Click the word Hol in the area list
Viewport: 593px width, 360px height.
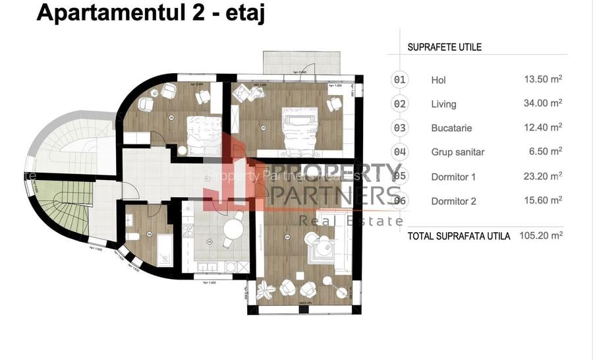[x=438, y=80]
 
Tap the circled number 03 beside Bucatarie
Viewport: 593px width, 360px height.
[x=400, y=128]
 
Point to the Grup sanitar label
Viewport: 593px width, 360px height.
[x=457, y=152]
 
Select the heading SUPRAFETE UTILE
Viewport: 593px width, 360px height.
[x=444, y=47]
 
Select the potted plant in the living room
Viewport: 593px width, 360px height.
[x=266, y=288]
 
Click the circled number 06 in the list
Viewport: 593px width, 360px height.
[x=400, y=200]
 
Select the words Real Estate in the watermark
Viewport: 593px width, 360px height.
[x=351, y=221]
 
